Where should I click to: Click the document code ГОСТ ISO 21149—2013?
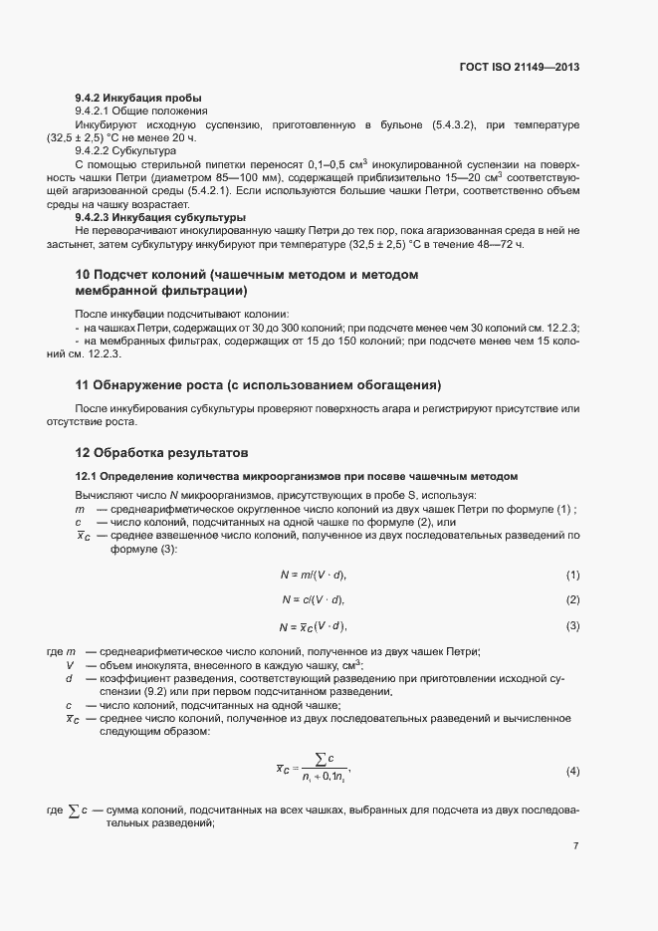click(x=520, y=68)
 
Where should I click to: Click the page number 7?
click(x=575, y=846)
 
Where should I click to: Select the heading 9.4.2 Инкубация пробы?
click(x=138, y=99)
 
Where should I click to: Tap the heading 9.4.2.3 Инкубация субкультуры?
click(x=160, y=217)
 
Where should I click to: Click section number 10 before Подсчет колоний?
click(x=84, y=275)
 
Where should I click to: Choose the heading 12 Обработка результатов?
click(x=167, y=452)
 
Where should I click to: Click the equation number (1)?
click(x=572, y=576)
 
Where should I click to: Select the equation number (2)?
click(x=572, y=599)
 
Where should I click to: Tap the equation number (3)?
click(x=572, y=625)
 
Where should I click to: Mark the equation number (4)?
click(x=572, y=772)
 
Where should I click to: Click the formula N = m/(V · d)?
click(x=315, y=576)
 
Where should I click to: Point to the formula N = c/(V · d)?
click(x=314, y=599)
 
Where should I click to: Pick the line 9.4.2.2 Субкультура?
click(x=125, y=150)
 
